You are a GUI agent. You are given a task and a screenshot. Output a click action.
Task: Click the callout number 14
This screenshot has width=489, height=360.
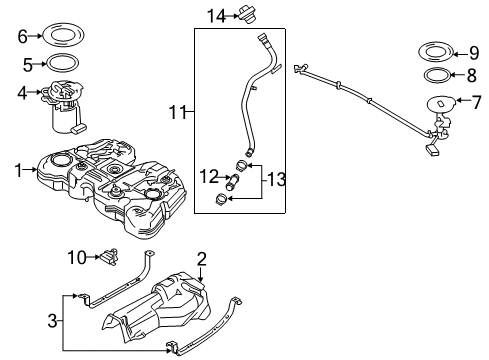(217, 15)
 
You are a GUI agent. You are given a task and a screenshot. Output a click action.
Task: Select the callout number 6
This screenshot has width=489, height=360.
(22, 37)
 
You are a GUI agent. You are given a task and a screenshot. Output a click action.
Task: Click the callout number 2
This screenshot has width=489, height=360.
(201, 259)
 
